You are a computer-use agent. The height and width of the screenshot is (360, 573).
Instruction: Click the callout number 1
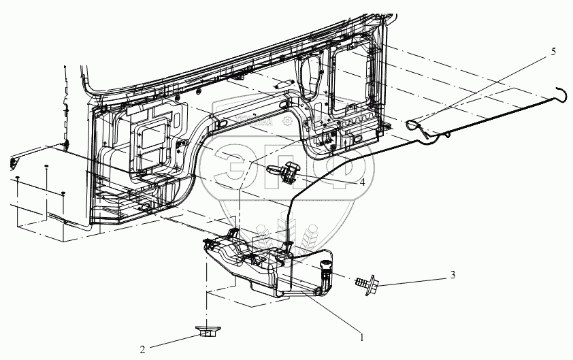click(x=361, y=336)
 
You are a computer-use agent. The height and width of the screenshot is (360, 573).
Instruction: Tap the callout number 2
click(x=142, y=350)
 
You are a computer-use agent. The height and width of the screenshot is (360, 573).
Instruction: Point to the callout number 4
click(x=362, y=182)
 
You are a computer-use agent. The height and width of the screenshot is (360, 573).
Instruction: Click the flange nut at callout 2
click(x=205, y=333)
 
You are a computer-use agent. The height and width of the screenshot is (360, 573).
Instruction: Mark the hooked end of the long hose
click(x=561, y=92)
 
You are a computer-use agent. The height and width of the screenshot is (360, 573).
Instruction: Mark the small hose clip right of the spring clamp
click(x=447, y=135)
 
